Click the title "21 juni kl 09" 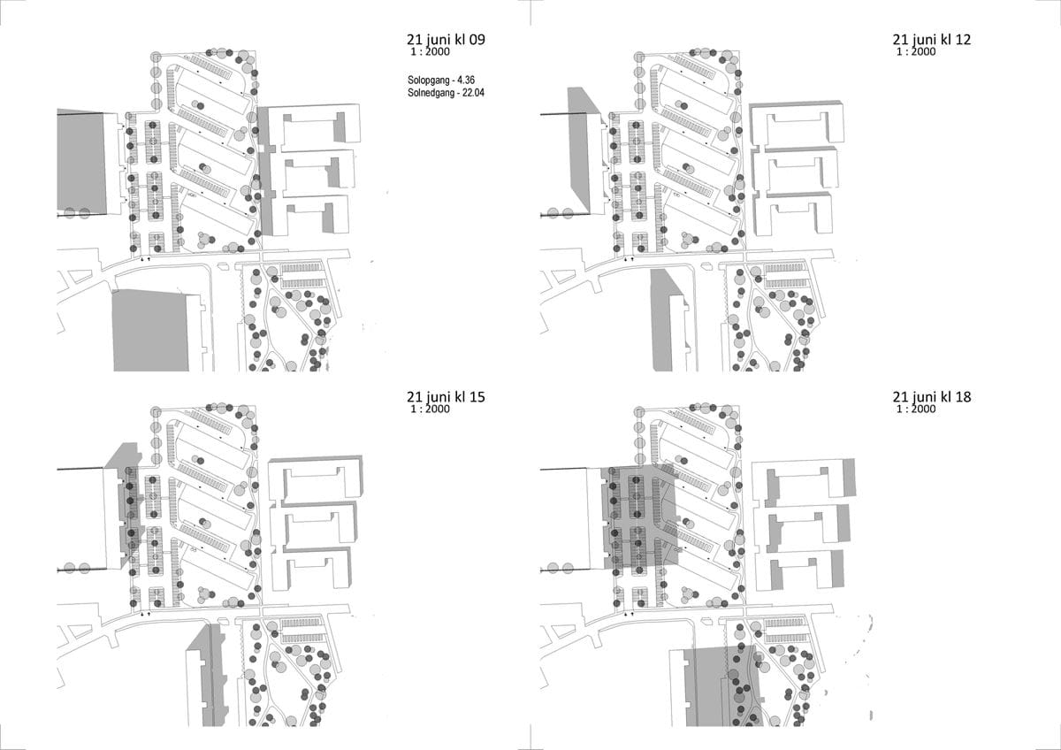pyautogui.click(x=446, y=40)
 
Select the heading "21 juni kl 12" pyautogui.click(x=932, y=40)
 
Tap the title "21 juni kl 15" pyautogui.click(x=446, y=397)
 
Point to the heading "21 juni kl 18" pyautogui.click(x=932, y=397)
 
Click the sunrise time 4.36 pyautogui.click(x=466, y=80)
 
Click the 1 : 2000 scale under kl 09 pyautogui.click(x=430, y=51)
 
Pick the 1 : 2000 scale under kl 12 pyautogui.click(x=916, y=51)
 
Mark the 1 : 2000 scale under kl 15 pyautogui.click(x=430, y=409)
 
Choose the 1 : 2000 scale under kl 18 pyautogui.click(x=916, y=409)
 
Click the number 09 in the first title pyautogui.click(x=476, y=39)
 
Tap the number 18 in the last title pyautogui.click(x=962, y=396)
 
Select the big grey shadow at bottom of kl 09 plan pyautogui.click(x=150, y=330)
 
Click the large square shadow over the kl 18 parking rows pyautogui.click(x=640, y=517)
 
